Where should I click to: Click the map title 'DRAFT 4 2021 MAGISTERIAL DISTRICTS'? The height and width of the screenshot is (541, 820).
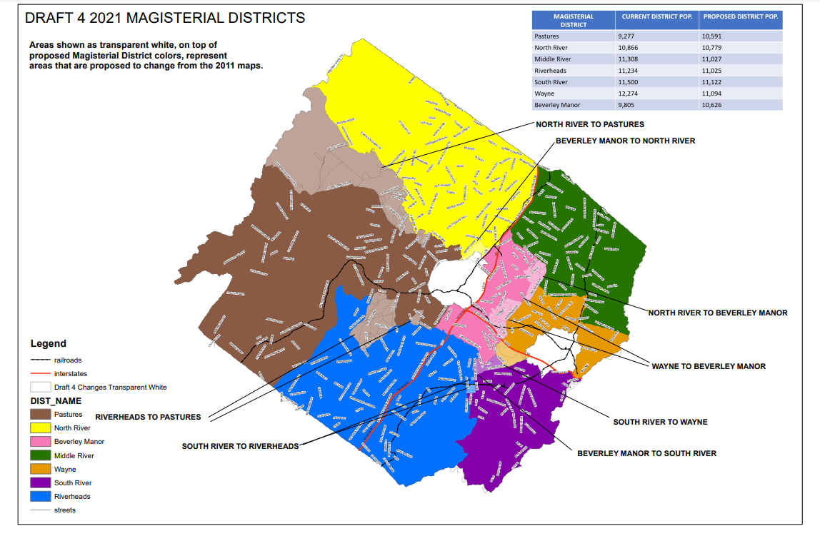(x=165, y=18)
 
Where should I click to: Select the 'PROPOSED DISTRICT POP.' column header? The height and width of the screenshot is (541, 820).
(x=740, y=16)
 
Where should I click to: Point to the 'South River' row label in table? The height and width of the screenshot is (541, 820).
(x=551, y=82)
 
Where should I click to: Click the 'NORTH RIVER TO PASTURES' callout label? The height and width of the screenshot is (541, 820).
(x=590, y=124)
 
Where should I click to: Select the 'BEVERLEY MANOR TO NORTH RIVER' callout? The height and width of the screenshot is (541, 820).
(x=625, y=141)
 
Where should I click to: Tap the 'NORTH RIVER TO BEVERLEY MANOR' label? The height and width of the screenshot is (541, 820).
(x=718, y=313)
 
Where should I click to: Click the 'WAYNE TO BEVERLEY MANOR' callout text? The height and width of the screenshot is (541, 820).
(x=708, y=366)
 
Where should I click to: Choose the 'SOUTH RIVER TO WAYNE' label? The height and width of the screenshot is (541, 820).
(x=660, y=422)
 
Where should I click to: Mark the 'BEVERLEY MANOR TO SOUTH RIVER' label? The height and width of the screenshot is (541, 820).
(x=646, y=453)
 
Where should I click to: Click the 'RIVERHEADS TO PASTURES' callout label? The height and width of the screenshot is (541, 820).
(x=148, y=417)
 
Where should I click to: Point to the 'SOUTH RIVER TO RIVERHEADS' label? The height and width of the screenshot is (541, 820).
(x=240, y=446)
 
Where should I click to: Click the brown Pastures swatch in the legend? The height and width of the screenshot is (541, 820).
(x=40, y=415)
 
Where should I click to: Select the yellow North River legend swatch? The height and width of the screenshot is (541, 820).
(x=40, y=428)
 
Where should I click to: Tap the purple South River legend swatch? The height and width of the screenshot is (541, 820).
(x=40, y=483)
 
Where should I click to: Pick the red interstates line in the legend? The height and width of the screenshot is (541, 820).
(x=40, y=373)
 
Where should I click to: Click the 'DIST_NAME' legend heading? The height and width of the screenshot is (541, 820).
(x=56, y=401)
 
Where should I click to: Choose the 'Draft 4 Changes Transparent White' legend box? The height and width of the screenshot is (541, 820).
(x=40, y=387)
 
